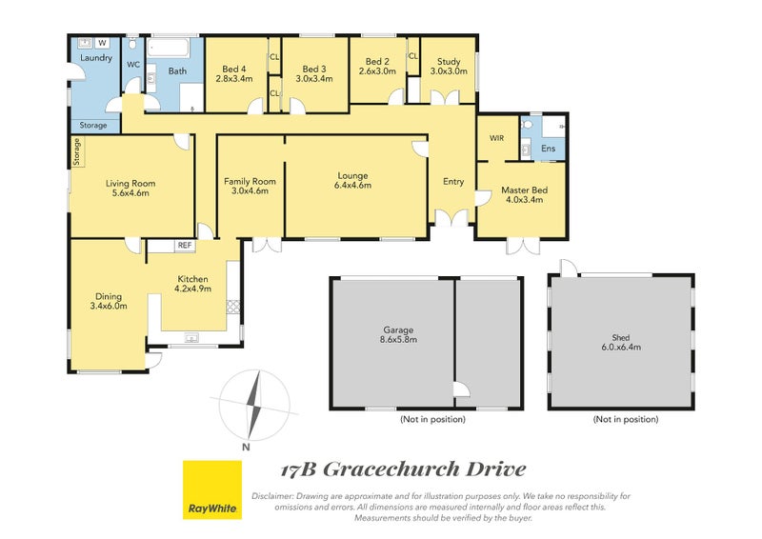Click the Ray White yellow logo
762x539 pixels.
[211, 489]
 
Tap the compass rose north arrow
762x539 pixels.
[254, 405]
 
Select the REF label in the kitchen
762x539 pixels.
[185, 246]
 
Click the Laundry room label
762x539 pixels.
[96, 58]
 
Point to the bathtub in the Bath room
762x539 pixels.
[169, 49]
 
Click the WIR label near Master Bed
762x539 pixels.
[496, 138]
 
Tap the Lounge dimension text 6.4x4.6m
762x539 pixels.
[352, 185]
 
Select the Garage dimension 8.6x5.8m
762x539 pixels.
[398, 339]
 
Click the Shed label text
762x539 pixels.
[621, 337]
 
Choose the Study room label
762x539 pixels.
[449, 62]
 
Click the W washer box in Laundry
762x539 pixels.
[102, 43]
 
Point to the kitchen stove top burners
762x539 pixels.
[233, 307]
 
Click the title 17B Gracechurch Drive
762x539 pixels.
[404, 469]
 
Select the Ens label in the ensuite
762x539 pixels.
[549, 149]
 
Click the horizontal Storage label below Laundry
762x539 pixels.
[93, 126]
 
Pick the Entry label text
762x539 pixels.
[453, 181]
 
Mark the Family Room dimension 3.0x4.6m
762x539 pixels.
[250, 191]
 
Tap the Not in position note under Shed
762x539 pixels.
[626, 419]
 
